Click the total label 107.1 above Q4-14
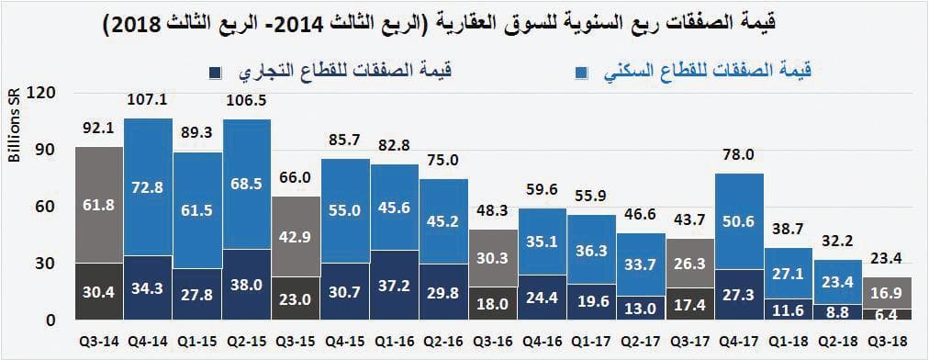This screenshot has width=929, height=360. click(x=148, y=100)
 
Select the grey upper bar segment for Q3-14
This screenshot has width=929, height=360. click(x=98, y=205)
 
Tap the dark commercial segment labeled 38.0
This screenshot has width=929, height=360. click(x=247, y=285)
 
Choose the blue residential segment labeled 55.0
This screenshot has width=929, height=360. click(x=345, y=210)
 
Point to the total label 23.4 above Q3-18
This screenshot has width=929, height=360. click(x=888, y=258)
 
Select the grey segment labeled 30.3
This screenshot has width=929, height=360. click(x=493, y=258)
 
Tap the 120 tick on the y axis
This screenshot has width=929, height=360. click(x=43, y=92)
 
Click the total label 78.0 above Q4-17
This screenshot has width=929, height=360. click(x=740, y=155)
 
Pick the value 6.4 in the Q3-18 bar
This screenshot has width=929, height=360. click(x=888, y=314)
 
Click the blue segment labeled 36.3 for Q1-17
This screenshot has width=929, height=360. click(x=591, y=249)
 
